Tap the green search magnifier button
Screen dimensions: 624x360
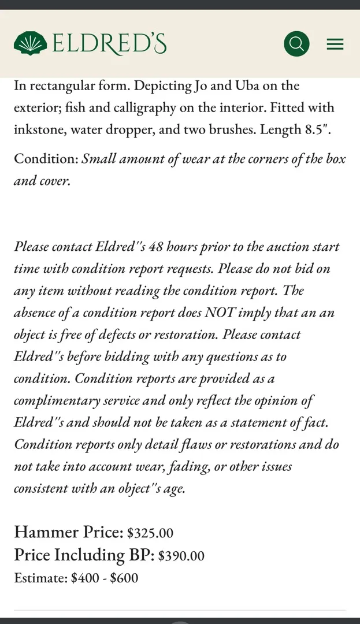pos(296,43)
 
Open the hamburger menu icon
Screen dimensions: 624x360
pos(335,44)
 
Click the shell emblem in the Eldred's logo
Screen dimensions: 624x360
pos(31,43)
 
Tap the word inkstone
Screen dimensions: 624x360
pos(39,129)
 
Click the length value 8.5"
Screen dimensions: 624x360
pos(318,129)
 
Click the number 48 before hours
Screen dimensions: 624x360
pos(156,247)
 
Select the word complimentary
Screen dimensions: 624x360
pos(56,400)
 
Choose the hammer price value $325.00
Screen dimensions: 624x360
pos(150,533)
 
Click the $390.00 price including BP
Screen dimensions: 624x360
pos(181,556)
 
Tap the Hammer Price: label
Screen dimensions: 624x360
pos(68,532)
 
